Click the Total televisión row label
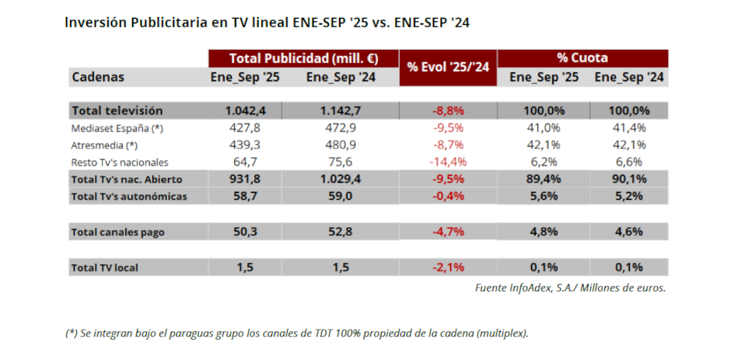(117, 110)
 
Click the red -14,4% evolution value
(447, 162)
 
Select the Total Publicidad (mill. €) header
(303, 58)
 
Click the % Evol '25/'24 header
(447, 68)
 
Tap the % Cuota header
(582, 58)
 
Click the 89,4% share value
(544, 179)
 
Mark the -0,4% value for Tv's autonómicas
(447, 196)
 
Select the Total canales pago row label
(117, 232)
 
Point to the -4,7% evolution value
(447, 232)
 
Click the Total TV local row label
(105, 267)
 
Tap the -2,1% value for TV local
(447, 267)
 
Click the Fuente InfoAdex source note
(570, 288)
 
